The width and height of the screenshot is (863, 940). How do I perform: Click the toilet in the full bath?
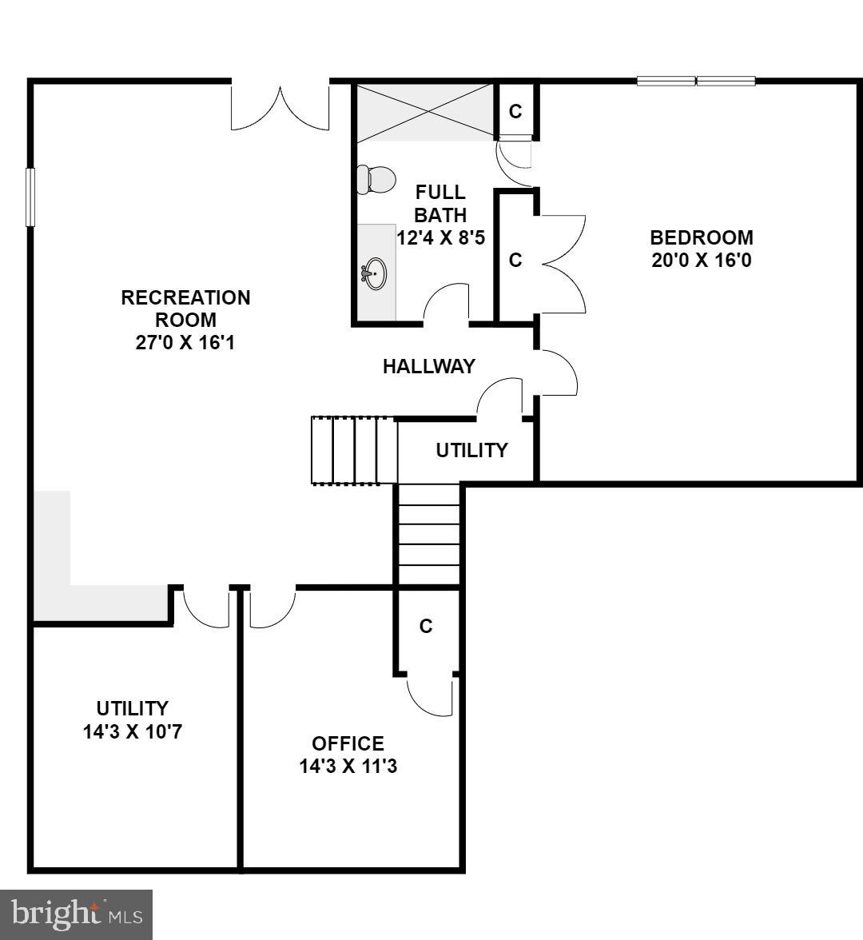click(x=376, y=179)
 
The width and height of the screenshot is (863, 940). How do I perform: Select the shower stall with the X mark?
click(x=424, y=111)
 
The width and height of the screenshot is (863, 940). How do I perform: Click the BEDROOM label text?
click(x=701, y=237)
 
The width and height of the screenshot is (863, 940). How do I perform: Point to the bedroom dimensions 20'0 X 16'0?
click(x=701, y=261)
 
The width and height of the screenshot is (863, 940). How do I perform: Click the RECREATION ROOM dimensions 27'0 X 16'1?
click(x=185, y=342)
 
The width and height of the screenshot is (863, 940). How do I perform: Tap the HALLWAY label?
click(x=428, y=366)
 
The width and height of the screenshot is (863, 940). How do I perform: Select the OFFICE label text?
click(x=348, y=743)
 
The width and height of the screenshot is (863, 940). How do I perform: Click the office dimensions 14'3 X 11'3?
click(x=348, y=767)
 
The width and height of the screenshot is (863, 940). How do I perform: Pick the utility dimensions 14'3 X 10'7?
click(x=133, y=731)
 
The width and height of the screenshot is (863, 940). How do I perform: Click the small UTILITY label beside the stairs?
click(x=471, y=450)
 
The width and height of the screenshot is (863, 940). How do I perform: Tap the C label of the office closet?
click(x=426, y=627)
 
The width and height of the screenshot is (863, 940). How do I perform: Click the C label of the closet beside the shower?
click(x=515, y=111)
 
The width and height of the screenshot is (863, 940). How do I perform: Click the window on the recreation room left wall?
click(x=30, y=197)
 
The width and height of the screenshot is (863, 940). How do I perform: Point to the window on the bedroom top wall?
click(x=696, y=81)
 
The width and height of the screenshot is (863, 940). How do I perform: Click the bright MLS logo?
click(x=76, y=914)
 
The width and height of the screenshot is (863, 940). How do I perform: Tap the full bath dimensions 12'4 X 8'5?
click(x=441, y=237)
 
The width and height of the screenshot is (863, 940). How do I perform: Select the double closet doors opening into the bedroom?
click(x=563, y=264)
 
